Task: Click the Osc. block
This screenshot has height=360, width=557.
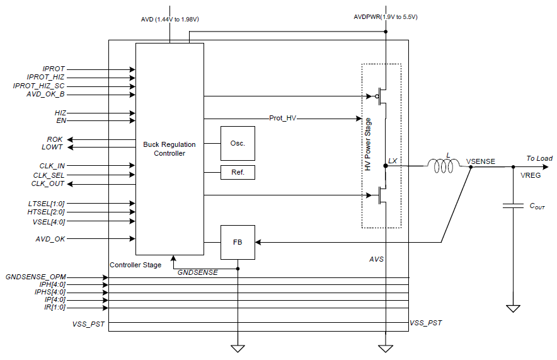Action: tap(238, 143)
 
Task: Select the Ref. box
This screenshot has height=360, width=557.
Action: tap(238, 172)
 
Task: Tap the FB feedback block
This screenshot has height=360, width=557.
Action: tap(238, 242)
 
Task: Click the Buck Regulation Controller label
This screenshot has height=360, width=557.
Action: tap(169, 149)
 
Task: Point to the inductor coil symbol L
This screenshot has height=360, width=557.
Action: tap(444, 166)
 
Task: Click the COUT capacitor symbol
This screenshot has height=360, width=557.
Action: tap(513, 206)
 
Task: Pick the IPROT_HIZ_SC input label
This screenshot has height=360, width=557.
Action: tap(38, 86)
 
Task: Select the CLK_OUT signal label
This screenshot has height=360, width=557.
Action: tap(48, 183)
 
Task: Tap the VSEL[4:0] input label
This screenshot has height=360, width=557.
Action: tap(49, 222)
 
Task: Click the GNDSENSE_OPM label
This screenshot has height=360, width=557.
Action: tap(35, 277)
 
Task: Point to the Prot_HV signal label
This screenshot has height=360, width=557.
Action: tap(283, 118)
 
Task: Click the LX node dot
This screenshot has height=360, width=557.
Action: tap(386, 166)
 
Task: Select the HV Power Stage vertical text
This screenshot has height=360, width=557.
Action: tap(368, 144)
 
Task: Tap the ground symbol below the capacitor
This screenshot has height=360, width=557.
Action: tap(513, 308)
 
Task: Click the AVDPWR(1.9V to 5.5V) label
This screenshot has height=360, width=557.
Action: tap(386, 16)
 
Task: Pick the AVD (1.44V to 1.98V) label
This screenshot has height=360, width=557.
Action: tap(169, 19)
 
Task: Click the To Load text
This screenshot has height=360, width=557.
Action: tap(539, 158)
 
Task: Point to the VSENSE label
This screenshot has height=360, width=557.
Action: tap(481, 161)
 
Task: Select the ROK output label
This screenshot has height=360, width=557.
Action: tap(55, 139)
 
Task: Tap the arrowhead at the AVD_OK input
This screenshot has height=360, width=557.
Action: tap(132, 239)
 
